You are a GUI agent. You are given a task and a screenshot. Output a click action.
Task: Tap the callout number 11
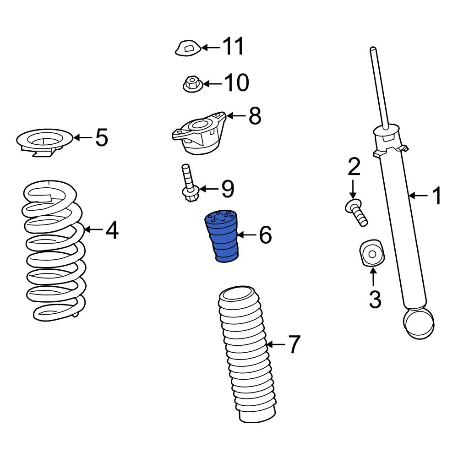pyautogui.click(x=233, y=47)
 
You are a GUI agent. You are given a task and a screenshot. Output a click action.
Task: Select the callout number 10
pyautogui.click(x=236, y=83)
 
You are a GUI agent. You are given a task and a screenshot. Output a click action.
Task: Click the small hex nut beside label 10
pyautogui.click(x=192, y=84)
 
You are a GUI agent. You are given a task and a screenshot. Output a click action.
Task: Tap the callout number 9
pyautogui.click(x=228, y=189)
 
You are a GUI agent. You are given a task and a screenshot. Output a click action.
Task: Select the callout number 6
pyautogui.click(x=265, y=235)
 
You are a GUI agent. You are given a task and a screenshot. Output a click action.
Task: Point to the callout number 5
pyautogui.click(x=102, y=137)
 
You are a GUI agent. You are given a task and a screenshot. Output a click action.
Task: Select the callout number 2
pyautogui.click(x=354, y=168)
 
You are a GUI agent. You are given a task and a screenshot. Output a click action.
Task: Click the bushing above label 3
pyautogui.click(x=371, y=252)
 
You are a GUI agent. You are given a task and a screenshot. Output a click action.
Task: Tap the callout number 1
pyautogui.click(x=436, y=196)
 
